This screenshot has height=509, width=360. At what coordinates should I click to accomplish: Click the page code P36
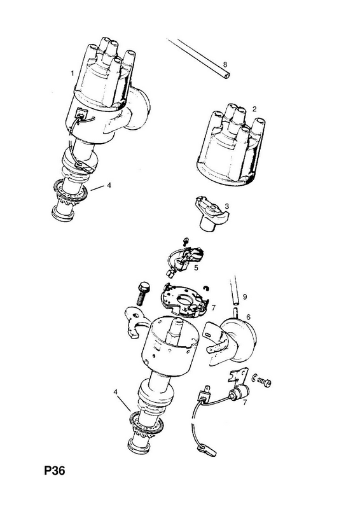[x=55, y=470]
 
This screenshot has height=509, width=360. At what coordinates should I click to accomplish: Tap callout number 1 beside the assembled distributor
[x=73, y=73]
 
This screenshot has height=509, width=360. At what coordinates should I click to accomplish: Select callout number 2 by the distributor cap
[x=254, y=109]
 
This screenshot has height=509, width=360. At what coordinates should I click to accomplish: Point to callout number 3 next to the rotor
[x=226, y=206]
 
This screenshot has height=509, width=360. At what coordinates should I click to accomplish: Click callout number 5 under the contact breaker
[x=196, y=267]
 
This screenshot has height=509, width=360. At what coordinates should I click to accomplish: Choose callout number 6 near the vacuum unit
[x=248, y=317]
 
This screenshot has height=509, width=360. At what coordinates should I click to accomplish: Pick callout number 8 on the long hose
[x=225, y=65]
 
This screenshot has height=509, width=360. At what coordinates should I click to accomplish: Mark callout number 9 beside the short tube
[x=245, y=296]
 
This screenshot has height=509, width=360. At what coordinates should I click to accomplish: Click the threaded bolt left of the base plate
[x=141, y=293]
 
